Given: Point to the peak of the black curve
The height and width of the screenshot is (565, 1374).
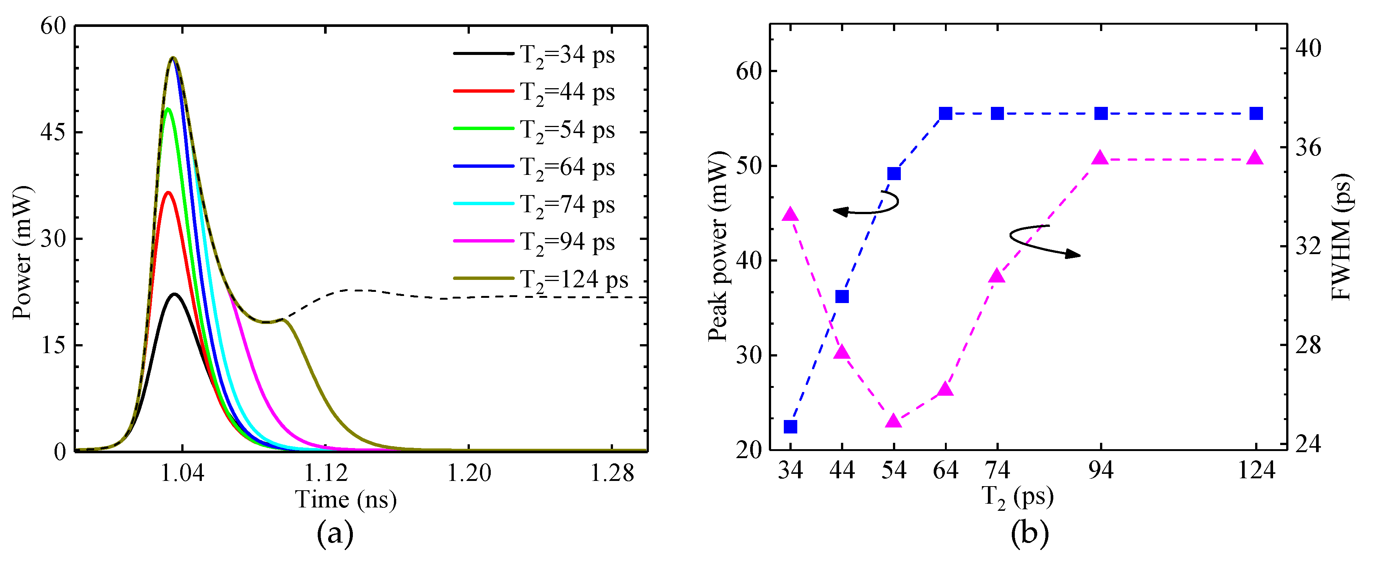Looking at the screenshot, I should pyautogui.click(x=175, y=294).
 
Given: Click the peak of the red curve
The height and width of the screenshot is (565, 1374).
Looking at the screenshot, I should pyautogui.click(x=169, y=192).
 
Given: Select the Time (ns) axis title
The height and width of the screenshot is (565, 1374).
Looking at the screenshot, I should pyautogui.click(x=346, y=500).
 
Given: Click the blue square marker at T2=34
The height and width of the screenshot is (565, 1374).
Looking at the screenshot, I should pyautogui.click(x=791, y=426).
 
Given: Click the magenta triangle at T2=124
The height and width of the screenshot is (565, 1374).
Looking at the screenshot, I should pyautogui.click(x=1256, y=158).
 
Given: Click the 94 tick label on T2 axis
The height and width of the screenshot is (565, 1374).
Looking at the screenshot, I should pyautogui.click(x=1101, y=470).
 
